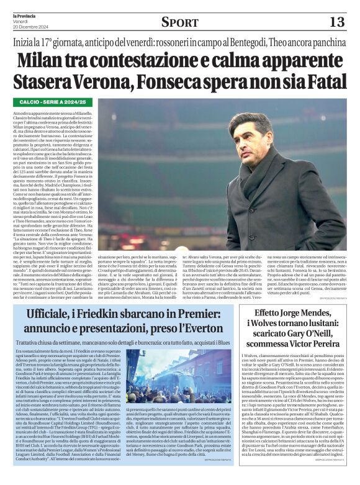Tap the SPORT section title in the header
click(180, 22)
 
